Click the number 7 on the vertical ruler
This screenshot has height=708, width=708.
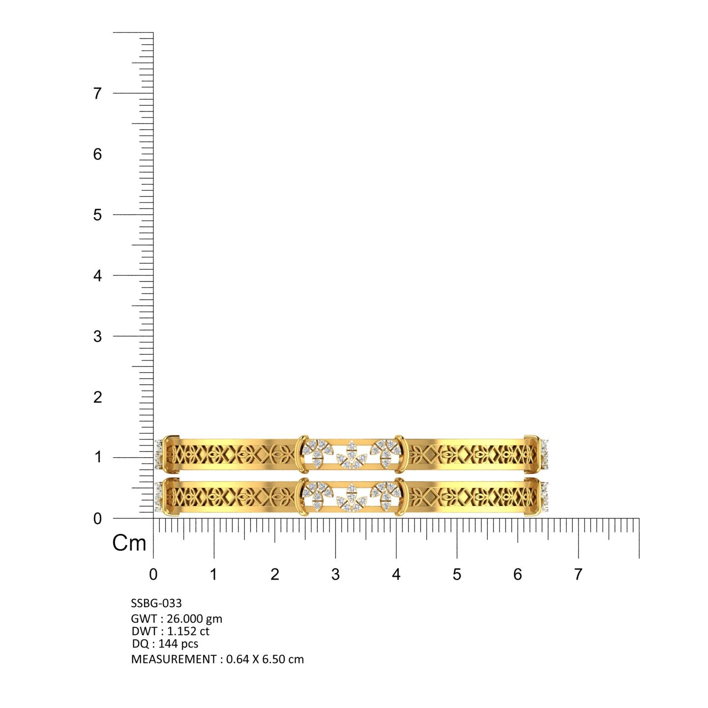click(x=97, y=94)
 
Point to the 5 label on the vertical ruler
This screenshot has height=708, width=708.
click(x=97, y=215)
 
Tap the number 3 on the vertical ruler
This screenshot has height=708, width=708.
click(x=97, y=336)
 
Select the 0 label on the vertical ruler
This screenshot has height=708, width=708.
click(x=97, y=519)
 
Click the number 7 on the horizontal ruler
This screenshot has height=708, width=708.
click(x=578, y=574)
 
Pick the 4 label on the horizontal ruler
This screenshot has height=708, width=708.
click(x=396, y=574)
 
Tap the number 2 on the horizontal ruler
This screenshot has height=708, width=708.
click(x=275, y=574)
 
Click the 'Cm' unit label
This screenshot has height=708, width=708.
click(x=129, y=543)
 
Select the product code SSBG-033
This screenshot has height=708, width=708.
click(x=156, y=603)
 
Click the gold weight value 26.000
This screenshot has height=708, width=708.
click(x=185, y=619)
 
